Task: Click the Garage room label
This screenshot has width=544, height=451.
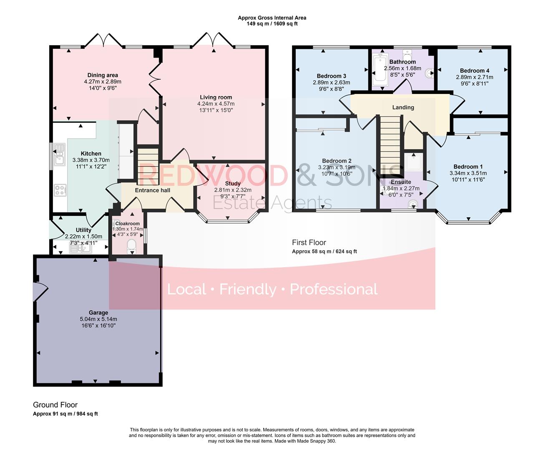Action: click(x=98, y=312)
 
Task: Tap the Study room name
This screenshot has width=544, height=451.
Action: click(x=232, y=183)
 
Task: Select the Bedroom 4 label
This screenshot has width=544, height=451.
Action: click(x=474, y=71)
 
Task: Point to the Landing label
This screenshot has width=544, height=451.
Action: click(x=403, y=107)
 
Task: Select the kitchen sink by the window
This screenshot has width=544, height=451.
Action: click(x=59, y=154)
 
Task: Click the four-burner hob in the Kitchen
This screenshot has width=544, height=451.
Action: click(x=60, y=190)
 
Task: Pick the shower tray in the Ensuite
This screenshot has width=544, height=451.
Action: click(x=413, y=162)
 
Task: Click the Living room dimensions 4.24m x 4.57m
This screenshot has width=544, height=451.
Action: click(x=216, y=104)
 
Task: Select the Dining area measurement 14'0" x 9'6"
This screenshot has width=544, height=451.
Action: click(x=102, y=88)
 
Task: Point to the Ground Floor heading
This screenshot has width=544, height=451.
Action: click(x=55, y=405)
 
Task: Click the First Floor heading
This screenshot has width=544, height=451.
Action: click(x=309, y=242)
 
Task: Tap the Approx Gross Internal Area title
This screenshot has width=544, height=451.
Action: click(x=272, y=18)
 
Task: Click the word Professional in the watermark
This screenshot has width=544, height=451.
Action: click(x=334, y=289)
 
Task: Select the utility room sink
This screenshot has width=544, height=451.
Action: click(x=81, y=249)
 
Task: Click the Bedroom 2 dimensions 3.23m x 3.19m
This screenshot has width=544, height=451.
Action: click(x=337, y=167)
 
